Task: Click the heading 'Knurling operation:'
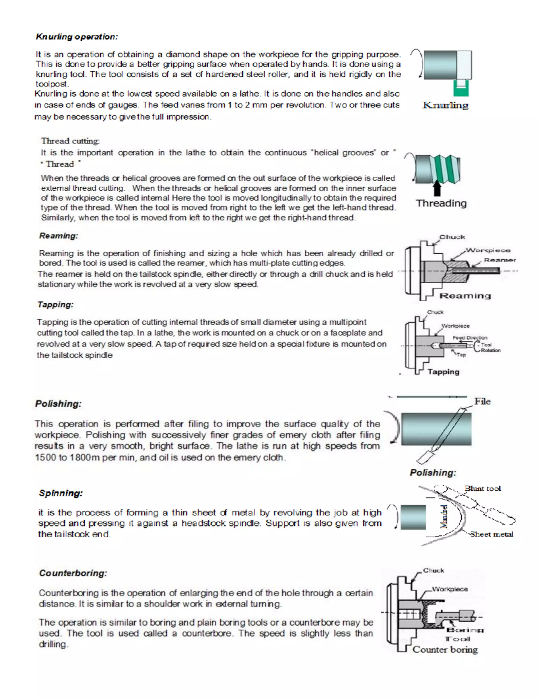(77, 36)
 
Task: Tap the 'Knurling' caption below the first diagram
(445, 105)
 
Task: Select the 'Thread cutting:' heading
(70, 141)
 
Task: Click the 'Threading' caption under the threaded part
(441, 203)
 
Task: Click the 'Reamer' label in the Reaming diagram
(499, 260)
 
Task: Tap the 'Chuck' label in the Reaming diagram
(452, 237)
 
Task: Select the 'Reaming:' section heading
(59, 236)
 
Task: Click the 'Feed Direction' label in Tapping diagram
(470, 338)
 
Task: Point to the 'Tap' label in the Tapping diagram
(461, 355)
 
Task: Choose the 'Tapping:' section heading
(55, 304)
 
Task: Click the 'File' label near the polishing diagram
(482, 401)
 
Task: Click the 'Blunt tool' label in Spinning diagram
(483, 489)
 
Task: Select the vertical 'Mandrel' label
(444, 516)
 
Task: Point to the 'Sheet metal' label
(491, 534)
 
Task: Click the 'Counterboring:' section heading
(73, 573)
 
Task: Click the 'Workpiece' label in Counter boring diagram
(450, 589)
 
